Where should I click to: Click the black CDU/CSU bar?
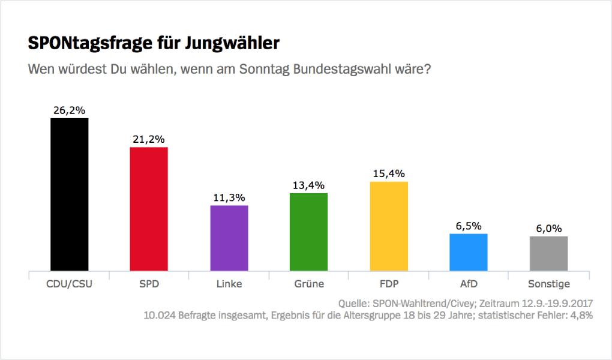click(69, 194)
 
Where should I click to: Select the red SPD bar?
click(149, 209)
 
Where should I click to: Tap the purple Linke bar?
click(229, 238)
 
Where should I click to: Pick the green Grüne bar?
click(308, 232)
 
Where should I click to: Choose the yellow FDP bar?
click(389, 226)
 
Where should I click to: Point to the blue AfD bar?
click(469, 252)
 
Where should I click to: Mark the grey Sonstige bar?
click(548, 253)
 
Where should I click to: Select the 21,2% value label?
click(149, 139)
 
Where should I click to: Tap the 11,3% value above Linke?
click(229, 197)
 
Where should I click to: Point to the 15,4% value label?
click(389, 173)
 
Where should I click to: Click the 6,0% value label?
click(548, 229)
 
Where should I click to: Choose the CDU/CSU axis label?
click(69, 284)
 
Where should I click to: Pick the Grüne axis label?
click(308, 284)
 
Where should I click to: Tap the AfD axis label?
click(469, 284)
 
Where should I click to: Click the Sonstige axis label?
click(548, 284)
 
